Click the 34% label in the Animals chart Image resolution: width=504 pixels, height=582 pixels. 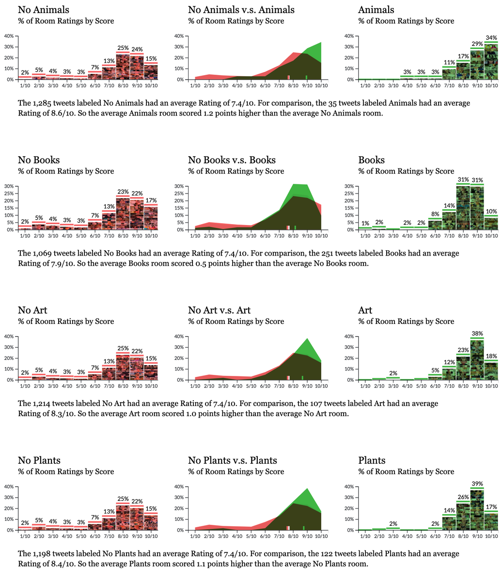(x=491, y=37)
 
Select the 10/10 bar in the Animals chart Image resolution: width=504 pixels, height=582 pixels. (x=491, y=61)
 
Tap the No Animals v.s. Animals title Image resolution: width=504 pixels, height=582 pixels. (x=241, y=10)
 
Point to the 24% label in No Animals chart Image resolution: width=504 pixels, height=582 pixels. (x=137, y=49)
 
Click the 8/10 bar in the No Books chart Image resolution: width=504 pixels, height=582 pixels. (x=123, y=213)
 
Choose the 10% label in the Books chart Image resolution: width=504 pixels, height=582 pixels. (x=491, y=211)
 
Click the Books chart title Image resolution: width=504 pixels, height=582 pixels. (x=371, y=160)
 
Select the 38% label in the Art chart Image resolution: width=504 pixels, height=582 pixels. (x=477, y=334)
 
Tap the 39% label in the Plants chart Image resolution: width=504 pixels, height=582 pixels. (x=477, y=484)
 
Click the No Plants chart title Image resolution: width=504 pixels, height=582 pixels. (x=39, y=460)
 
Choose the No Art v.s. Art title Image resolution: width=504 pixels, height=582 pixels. (x=219, y=310)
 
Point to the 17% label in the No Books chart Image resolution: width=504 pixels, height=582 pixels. (x=151, y=200)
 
